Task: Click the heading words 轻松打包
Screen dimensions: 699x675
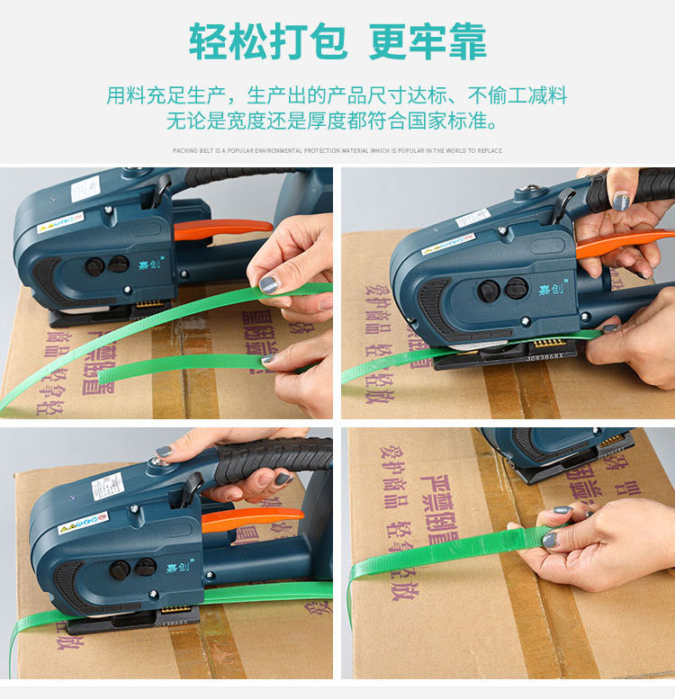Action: [266, 41]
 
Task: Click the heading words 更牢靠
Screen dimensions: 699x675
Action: [427, 41]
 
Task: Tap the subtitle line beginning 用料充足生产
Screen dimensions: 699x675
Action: [337, 95]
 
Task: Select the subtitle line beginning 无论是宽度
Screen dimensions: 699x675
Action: [337, 121]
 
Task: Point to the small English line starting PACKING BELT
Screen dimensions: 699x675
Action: [337, 150]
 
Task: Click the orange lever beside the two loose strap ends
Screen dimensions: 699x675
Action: [221, 229]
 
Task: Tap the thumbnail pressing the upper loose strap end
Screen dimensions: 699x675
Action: [269, 284]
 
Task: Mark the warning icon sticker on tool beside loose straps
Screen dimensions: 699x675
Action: [59, 224]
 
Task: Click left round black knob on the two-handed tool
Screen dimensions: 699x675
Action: [489, 291]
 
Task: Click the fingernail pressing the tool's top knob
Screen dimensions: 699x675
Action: [163, 451]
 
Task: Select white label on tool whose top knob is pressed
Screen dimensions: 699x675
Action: [108, 487]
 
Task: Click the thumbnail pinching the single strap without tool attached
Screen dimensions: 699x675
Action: [550, 539]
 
